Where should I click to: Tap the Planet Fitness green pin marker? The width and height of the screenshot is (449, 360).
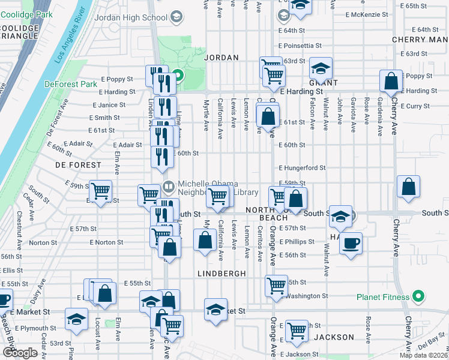click(x=420, y=296)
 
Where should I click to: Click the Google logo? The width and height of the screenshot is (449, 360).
click(x=20, y=352)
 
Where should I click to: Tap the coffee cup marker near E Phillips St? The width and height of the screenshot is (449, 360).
click(x=351, y=243)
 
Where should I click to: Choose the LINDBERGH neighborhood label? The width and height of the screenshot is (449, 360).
click(x=221, y=273)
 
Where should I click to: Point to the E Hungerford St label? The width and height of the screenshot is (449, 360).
click(x=301, y=168)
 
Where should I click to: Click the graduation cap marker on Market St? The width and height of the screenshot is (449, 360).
click(x=215, y=310)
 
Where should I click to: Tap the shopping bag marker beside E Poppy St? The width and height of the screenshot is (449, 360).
click(x=391, y=82)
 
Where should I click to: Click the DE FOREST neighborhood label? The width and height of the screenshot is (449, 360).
click(x=78, y=164)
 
